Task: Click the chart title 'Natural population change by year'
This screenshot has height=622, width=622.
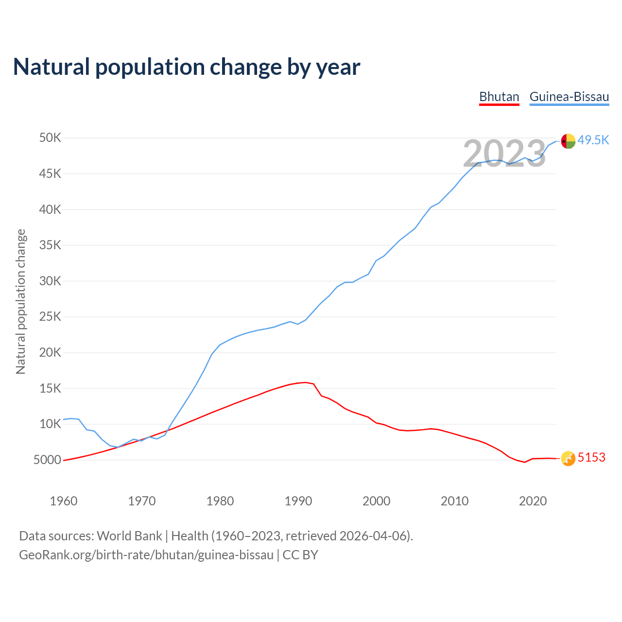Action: pos(187,67)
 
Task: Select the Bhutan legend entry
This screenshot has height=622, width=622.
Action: pos(499,97)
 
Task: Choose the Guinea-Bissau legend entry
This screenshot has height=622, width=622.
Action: pos(569,97)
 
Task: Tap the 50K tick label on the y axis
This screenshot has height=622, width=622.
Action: pos(50,138)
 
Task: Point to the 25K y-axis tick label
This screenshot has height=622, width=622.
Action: pos(50,317)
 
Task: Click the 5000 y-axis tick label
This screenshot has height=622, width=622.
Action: pos(47,460)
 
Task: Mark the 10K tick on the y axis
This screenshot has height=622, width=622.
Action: pos(50,424)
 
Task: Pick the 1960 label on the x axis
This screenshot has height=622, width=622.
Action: pos(64,501)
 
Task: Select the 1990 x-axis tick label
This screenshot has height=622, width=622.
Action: pos(298,501)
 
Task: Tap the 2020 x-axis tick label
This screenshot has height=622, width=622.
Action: pos(533,501)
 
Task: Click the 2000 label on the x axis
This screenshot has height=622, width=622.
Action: pos(376,501)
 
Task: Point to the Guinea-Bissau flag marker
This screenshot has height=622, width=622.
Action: pos(568,141)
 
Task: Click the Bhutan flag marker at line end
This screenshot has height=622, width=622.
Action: pos(568,458)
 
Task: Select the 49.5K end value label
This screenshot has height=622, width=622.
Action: pos(593,140)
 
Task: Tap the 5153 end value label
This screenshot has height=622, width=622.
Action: pos(591,458)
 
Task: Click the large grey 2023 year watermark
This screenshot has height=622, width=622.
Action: pos(504,154)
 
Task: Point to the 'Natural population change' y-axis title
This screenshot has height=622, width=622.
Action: pos(21,302)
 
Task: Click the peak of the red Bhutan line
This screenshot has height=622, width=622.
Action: pos(305,382)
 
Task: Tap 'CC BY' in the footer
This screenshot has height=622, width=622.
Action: pos(300,555)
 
